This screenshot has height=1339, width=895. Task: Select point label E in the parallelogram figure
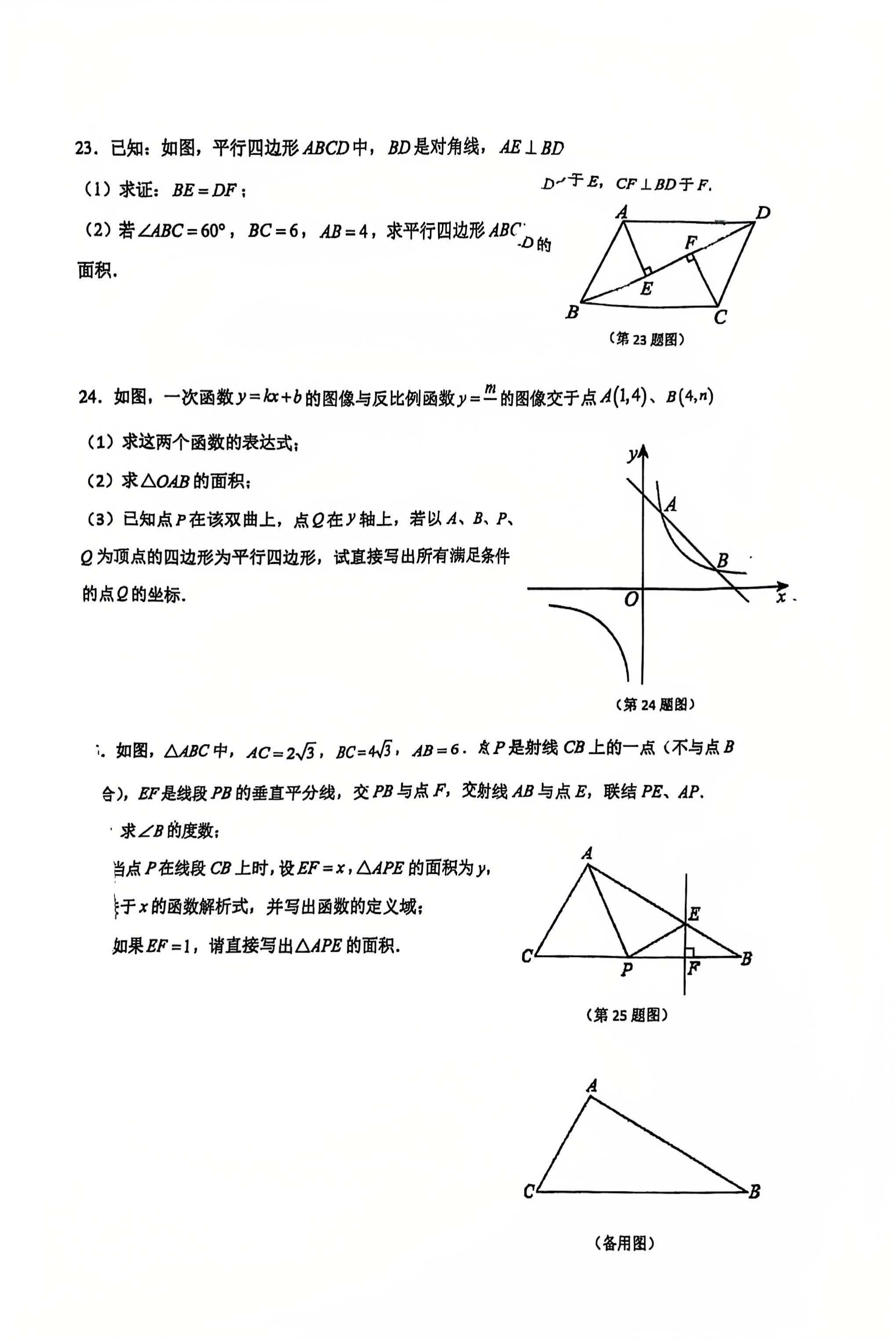coord(646,289)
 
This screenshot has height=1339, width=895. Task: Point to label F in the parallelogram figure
coord(691,242)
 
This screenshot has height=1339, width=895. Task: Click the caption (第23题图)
coord(647,339)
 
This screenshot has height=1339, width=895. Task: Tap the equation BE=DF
coord(204,190)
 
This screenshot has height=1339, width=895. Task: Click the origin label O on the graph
coord(631,599)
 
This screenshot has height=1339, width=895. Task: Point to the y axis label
coord(632,455)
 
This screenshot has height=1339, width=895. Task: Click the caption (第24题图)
coord(655,704)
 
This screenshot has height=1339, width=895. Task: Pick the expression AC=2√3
coord(280,752)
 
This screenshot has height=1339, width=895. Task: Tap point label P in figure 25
coord(627,969)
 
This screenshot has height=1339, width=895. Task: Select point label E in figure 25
coord(694,914)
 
